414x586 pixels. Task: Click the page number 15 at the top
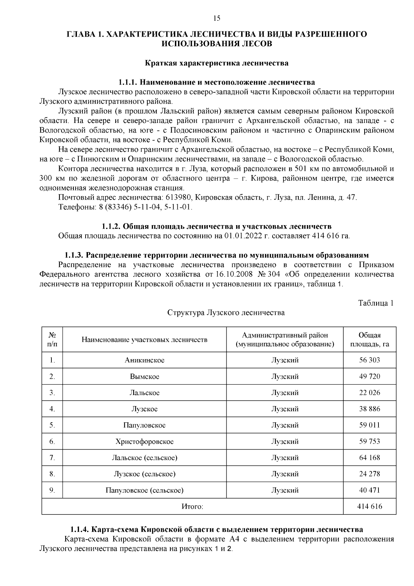click(x=217, y=19)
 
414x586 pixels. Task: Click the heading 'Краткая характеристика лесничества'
click(x=216, y=63)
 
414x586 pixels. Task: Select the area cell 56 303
click(x=369, y=360)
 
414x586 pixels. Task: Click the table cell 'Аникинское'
click(x=145, y=360)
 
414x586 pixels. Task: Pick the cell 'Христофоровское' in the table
click(x=145, y=442)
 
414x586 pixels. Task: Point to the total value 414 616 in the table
click(x=369, y=507)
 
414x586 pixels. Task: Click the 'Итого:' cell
click(x=192, y=507)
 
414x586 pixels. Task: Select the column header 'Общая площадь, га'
click(x=369, y=340)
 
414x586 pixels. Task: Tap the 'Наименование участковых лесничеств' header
click(x=145, y=340)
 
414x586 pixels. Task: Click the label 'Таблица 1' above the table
click(x=376, y=303)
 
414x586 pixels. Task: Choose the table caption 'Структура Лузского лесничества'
click(x=226, y=313)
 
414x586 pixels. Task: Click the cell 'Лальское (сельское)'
click(x=145, y=458)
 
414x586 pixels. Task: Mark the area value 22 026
click(x=369, y=393)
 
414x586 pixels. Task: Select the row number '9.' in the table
click(x=52, y=490)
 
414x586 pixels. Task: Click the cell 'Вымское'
click(x=145, y=376)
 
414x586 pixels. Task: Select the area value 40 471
click(x=369, y=490)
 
